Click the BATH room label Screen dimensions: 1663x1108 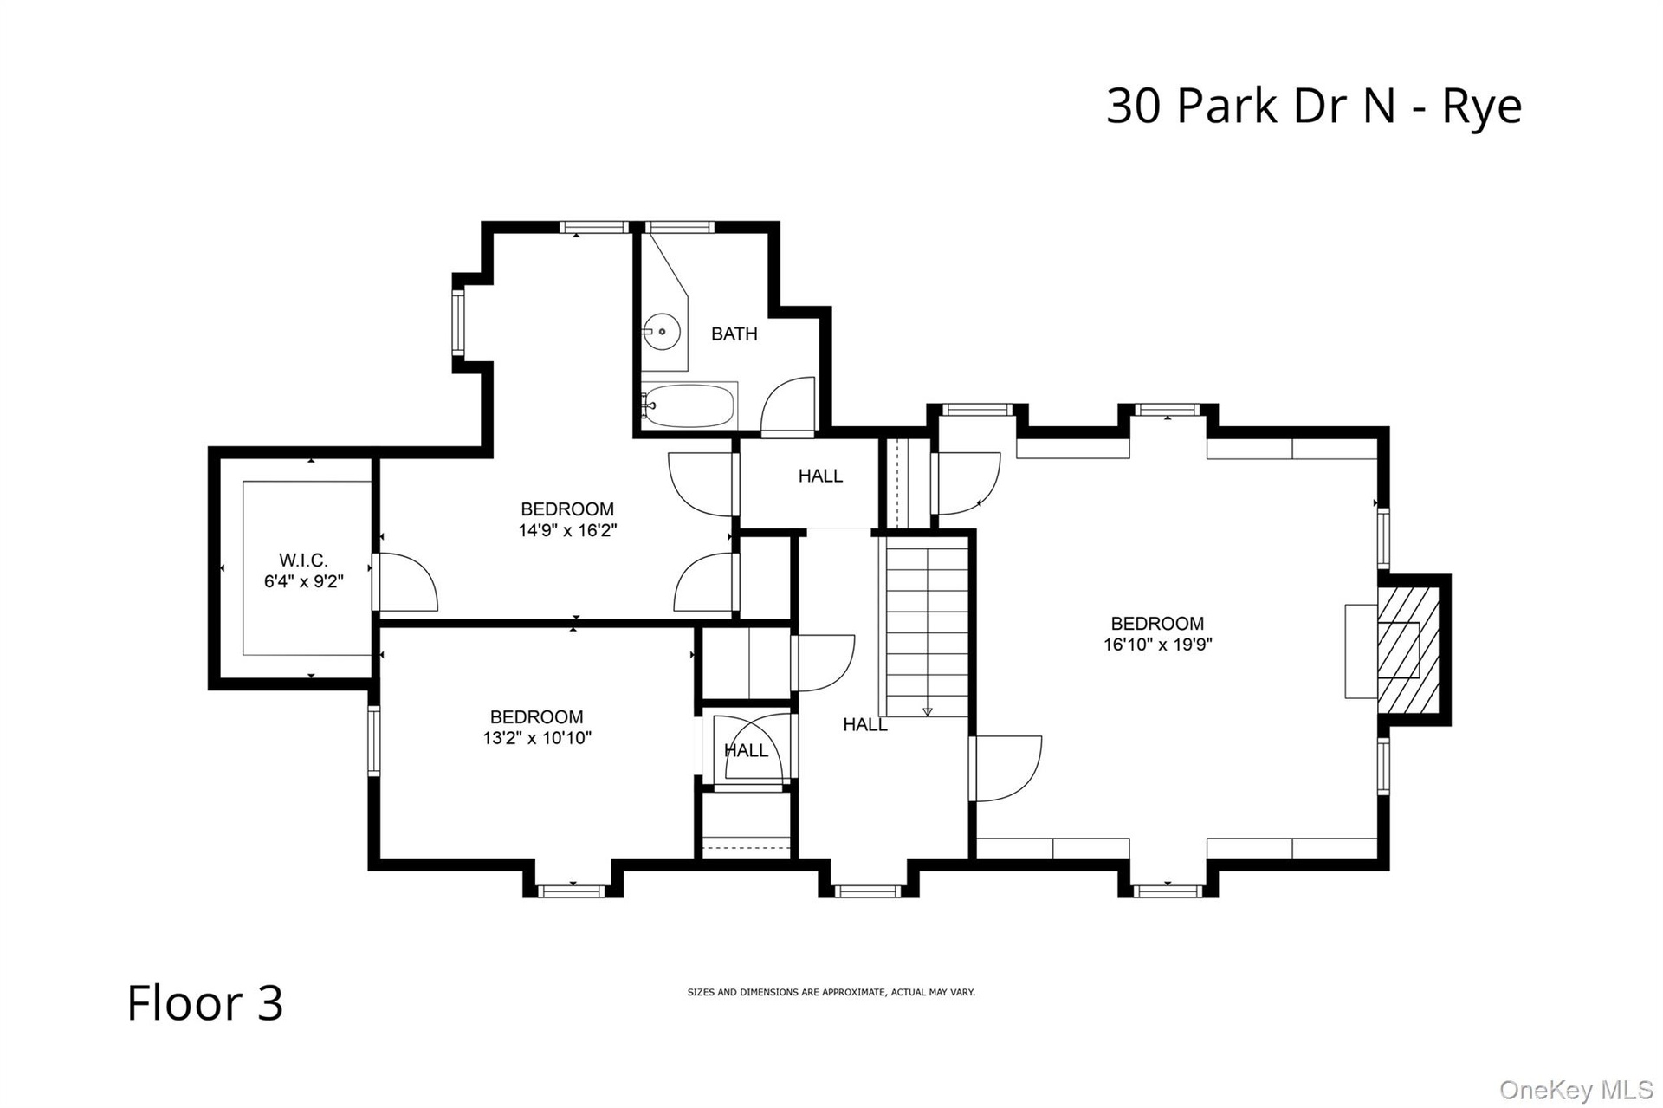click(x=734, y=334)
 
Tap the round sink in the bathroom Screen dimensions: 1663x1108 click(x=663, y=331)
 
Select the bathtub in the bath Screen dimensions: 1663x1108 click(x=689, y=406)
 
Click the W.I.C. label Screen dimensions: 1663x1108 click(x=303, y=560)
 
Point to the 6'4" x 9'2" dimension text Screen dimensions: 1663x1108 click(x=304, y=582)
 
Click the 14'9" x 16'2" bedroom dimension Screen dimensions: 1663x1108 click(x=567, y=530)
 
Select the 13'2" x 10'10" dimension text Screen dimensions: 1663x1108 click(x=537, y=738)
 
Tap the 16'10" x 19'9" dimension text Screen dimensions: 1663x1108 click(x=1157, y=645)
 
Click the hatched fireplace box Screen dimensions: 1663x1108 click(x=1407, y=650)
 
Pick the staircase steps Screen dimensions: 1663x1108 click(x=926, y=626)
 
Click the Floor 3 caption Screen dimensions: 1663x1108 click(x=205, y=1002)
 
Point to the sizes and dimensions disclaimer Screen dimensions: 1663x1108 click(x=831, y=992)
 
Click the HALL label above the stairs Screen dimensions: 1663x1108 click(x=820, y=476)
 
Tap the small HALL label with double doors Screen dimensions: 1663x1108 click(x=746, y=750)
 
